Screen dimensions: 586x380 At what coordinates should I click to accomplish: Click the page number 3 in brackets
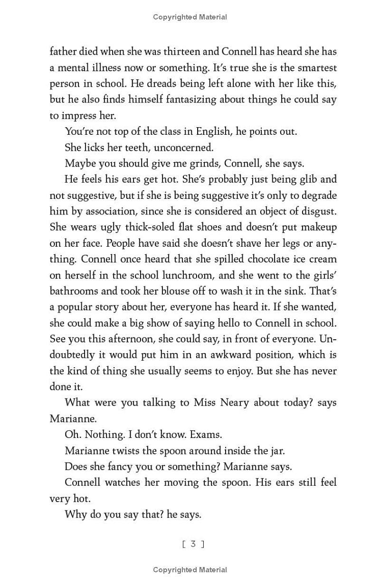click(193, 544)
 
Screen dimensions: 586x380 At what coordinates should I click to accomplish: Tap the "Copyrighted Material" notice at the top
click(190, 17)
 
